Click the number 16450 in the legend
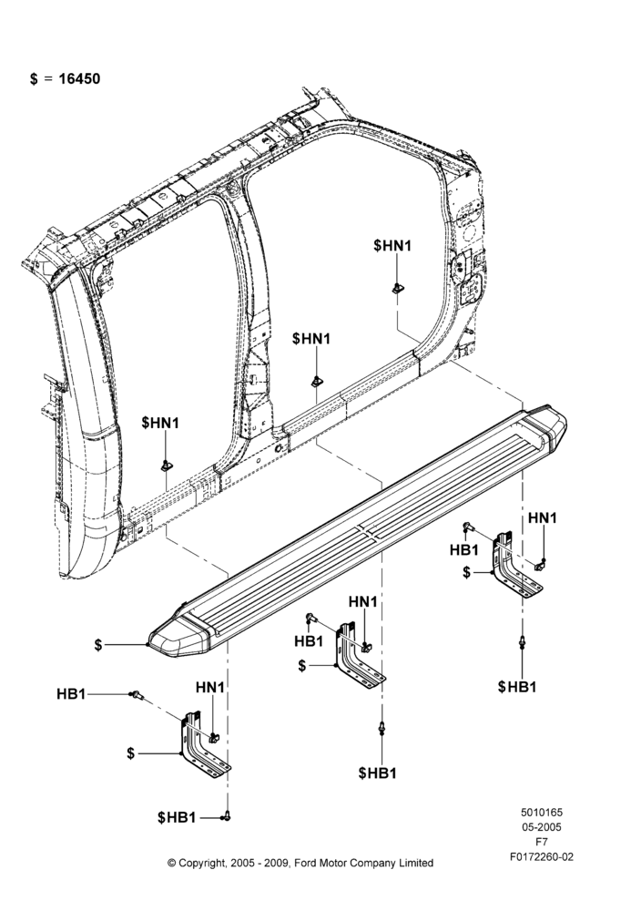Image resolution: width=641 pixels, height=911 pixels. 79,78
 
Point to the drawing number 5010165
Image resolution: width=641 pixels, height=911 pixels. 541,813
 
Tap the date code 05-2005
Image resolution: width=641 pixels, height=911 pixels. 541,827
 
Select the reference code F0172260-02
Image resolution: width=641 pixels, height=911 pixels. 541,856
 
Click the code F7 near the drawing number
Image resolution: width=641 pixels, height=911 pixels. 541,842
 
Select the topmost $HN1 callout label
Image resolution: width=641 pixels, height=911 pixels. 392,246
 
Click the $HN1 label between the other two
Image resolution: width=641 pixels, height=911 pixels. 311,338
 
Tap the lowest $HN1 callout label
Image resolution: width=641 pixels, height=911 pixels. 160,423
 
